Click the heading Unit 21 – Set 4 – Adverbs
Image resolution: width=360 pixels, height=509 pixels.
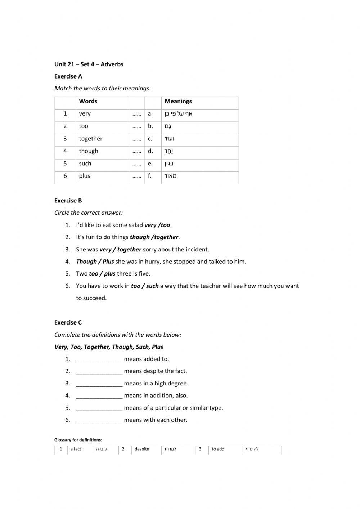tap(89, 64)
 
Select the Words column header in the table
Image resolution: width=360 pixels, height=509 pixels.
tap(88, 101)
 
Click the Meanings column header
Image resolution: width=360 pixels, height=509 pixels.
tap(178, 101)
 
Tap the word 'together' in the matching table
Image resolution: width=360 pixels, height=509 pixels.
tap(91, 139)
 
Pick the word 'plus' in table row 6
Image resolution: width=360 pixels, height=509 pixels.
tap(85, 176)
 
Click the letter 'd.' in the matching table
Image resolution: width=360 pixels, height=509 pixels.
tap(150, 151)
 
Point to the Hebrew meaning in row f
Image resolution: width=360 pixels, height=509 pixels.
tap(171, 176)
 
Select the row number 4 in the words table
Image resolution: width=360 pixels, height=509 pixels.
tap(65, 151)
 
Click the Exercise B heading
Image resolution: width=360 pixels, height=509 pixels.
tap(68, 201)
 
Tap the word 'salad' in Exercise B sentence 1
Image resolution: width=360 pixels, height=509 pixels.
tap(136, 225)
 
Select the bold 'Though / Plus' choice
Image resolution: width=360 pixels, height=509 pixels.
tap(95, 262)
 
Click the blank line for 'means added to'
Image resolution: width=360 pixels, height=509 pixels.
tap(99, 359)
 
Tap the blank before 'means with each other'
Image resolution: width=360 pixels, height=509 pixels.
tap(99, 420)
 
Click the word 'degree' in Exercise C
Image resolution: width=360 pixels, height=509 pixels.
tap(179, 384)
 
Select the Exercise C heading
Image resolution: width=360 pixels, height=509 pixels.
tap(68, 323)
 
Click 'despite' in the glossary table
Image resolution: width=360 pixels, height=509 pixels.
tap(142, 449)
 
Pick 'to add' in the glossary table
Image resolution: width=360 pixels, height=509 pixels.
tap(218, 449)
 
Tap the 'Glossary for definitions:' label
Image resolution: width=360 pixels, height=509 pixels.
tap(78, 440)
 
